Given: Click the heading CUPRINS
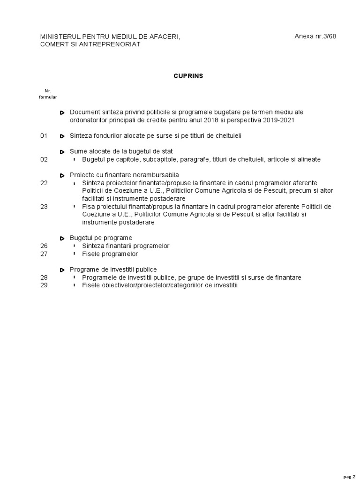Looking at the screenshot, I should point(188,76).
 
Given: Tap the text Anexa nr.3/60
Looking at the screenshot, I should point(315,37).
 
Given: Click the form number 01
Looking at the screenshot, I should point(44,136).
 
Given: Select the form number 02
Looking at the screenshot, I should point(44,159).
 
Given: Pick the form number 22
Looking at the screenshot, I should point(44,183).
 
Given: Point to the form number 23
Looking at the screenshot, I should point(44,207).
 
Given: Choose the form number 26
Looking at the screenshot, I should point(44,246).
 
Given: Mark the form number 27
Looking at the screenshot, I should point(44,254).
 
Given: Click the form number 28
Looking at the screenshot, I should point(44,277).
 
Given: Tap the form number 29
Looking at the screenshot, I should point(44,285).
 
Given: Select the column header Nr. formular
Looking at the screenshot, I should point(47,94).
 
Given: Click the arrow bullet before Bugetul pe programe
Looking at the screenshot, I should point(62,238).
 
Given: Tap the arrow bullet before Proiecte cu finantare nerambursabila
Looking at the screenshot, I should point(62,175).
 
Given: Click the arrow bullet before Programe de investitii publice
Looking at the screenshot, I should point(62,270).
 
